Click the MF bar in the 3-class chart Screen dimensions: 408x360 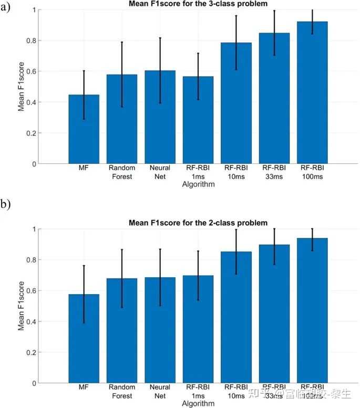click(x=84, y=131)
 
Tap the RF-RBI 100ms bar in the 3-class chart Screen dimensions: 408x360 click(x=312, y=95)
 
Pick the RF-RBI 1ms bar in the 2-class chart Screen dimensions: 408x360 click(x=198, y=331)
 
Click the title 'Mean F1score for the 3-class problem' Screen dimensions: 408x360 click(x=198, y=4)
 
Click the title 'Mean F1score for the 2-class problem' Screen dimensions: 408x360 click(x=198, y=223)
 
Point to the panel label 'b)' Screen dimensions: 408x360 click(x=6, y=203)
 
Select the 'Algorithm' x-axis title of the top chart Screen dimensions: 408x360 click(x=198, y=185)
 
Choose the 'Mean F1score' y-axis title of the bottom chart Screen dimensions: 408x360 click(x=22, y=306)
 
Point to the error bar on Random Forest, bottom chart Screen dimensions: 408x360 click(x=122, y=278)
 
